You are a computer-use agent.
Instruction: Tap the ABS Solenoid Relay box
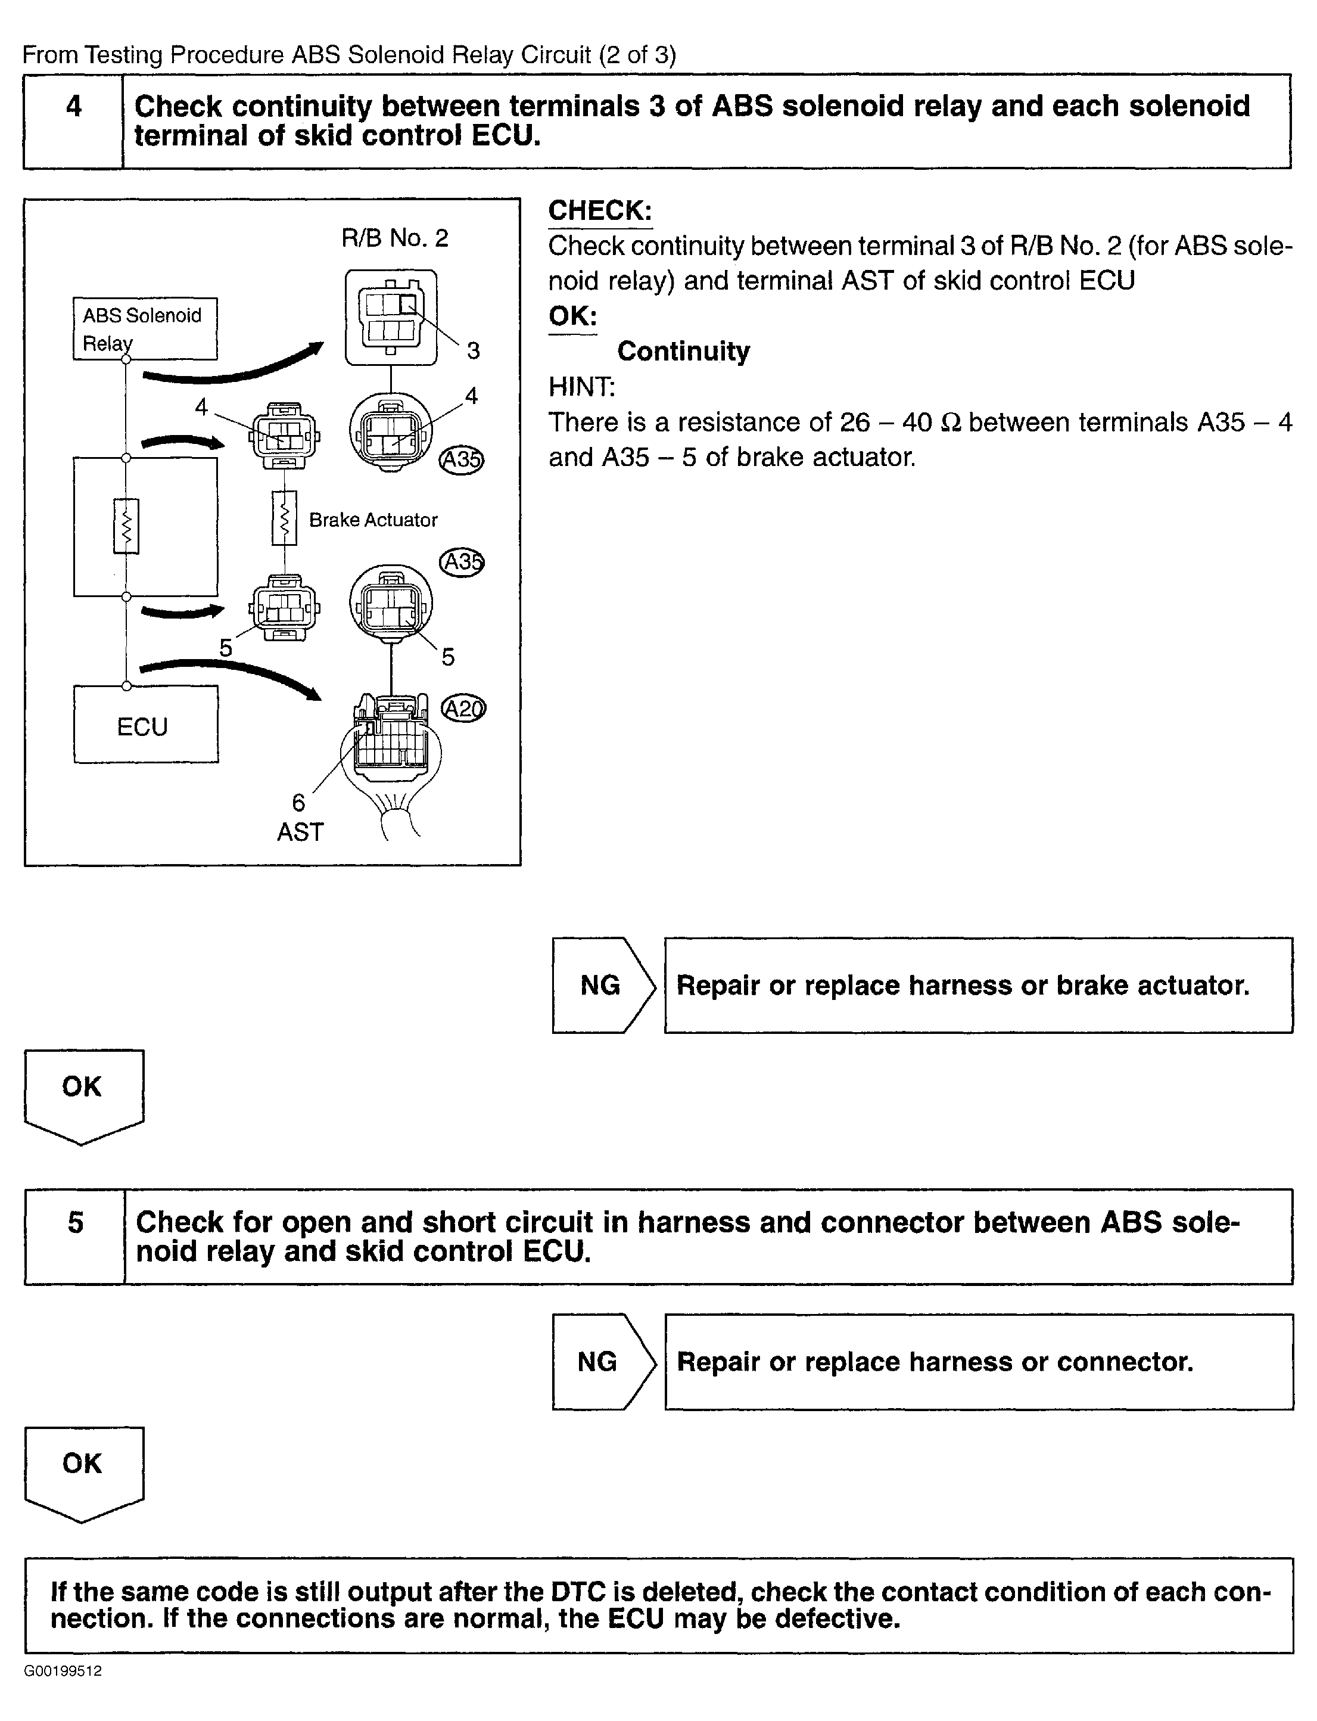point(144,328)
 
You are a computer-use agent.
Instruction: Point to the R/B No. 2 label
point(394,238)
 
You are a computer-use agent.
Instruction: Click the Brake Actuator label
point(373,520)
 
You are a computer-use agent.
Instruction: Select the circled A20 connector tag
point(463,709)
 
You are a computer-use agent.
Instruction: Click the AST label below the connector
point(300,832)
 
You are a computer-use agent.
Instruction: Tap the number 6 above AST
point(298,802)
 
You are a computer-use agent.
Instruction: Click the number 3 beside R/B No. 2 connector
point(473,350)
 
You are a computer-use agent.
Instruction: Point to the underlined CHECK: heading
point(600,211)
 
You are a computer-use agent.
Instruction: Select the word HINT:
point(582,387)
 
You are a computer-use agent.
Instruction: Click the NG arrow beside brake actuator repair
point(602,985)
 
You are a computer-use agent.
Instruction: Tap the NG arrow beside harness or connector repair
point(602,1361)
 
